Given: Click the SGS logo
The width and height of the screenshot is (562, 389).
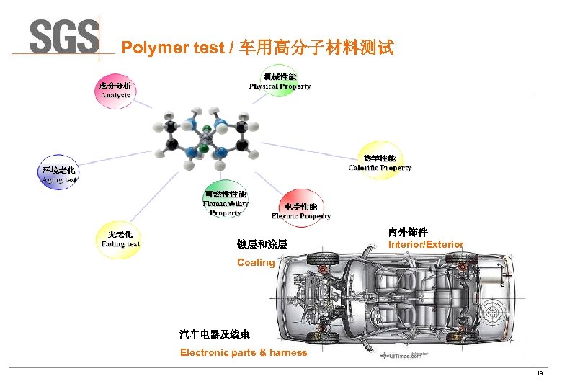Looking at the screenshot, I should coord(63,35).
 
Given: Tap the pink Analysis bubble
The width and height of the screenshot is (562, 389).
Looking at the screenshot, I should coord(115,91).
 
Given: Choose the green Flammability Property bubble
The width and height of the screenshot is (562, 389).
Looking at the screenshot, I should coord(226,199).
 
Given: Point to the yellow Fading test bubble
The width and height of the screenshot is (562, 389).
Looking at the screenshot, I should coord(120,239).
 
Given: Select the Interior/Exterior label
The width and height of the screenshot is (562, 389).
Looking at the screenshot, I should coord(426,245).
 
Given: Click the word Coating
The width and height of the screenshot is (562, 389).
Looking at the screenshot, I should coord(256,263).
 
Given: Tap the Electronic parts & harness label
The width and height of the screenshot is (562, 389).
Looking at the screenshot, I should coord(244,352).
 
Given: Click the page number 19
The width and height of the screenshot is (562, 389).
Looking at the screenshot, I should coord(540,373).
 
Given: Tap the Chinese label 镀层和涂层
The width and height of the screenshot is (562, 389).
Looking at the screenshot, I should coord(262,245).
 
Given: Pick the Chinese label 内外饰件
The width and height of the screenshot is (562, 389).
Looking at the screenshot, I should coord(408,232).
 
